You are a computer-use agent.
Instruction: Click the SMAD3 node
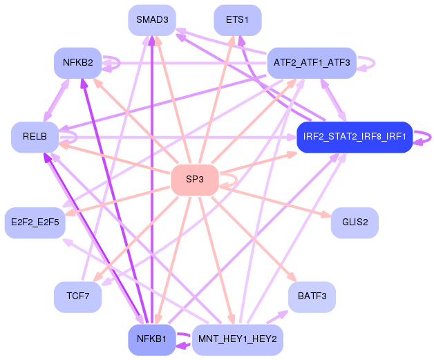click(x=151, y=19)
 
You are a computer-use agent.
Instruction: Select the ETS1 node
click(x=237, y=19)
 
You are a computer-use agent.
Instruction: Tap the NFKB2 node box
click(x=78, y=63)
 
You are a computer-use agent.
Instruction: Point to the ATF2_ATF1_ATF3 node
click(x=311, y=63)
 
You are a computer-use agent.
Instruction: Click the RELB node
click(x=35, y=137)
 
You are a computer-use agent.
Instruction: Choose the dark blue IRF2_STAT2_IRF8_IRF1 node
click(x=354, y=137)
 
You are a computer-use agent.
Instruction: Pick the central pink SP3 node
click(x=195, y=180)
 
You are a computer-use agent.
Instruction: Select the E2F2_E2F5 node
click(x=35, y=222)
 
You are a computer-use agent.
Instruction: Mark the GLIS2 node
click(x=355, y=222)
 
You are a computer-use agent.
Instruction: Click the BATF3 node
click(x=312, y=296)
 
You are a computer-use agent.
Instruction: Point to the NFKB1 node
click(x=151, y=339)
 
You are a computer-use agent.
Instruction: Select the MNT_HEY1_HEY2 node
click(x=237, y=339)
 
